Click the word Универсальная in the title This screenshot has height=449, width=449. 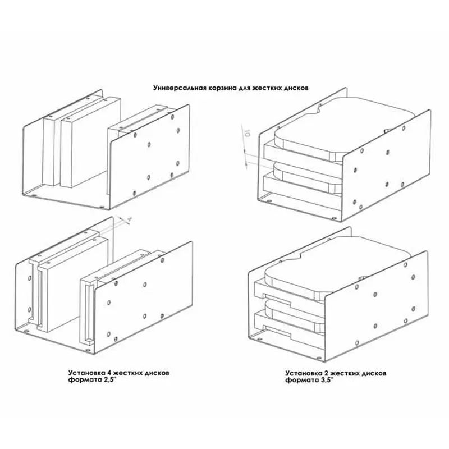180,88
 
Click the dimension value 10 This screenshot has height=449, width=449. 248,134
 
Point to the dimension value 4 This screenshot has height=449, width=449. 129,219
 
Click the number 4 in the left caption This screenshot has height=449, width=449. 109,373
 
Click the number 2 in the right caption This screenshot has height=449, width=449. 326,373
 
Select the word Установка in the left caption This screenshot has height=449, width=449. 86,373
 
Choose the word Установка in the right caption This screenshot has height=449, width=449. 304,373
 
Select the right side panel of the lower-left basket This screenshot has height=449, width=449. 143,298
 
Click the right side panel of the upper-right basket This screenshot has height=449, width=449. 387,166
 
